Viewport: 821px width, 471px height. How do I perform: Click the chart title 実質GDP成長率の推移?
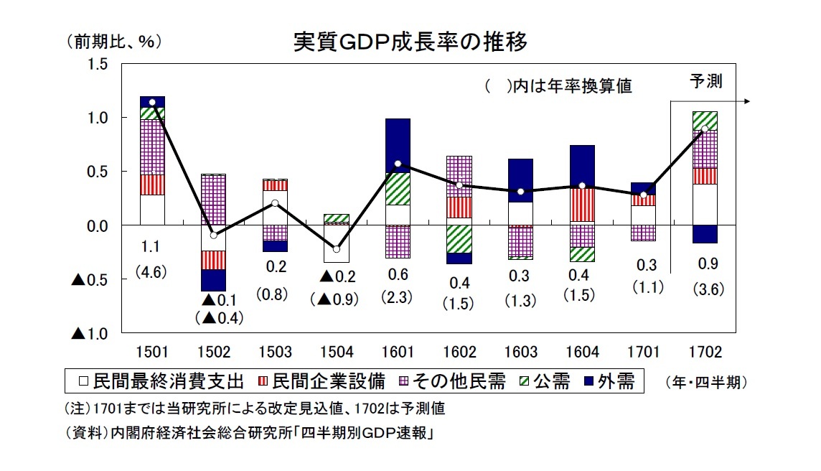tap(411, 42)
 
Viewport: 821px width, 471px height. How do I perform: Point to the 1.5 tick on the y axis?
tap(99, 65)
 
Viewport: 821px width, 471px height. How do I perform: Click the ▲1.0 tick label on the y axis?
tap(90, 334)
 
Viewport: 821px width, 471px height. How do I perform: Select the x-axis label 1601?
tap(398, 353)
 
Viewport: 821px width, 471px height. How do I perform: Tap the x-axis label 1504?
tap(337, 353)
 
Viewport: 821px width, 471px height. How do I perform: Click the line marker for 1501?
tap(152, 103)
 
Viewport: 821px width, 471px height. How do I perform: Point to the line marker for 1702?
tap(705, 129)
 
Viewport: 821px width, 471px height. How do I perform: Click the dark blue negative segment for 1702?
tap(705, 235)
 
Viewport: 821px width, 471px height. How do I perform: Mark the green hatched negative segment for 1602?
tap(460, 239)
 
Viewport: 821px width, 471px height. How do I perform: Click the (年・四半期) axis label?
tap(705, 383)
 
